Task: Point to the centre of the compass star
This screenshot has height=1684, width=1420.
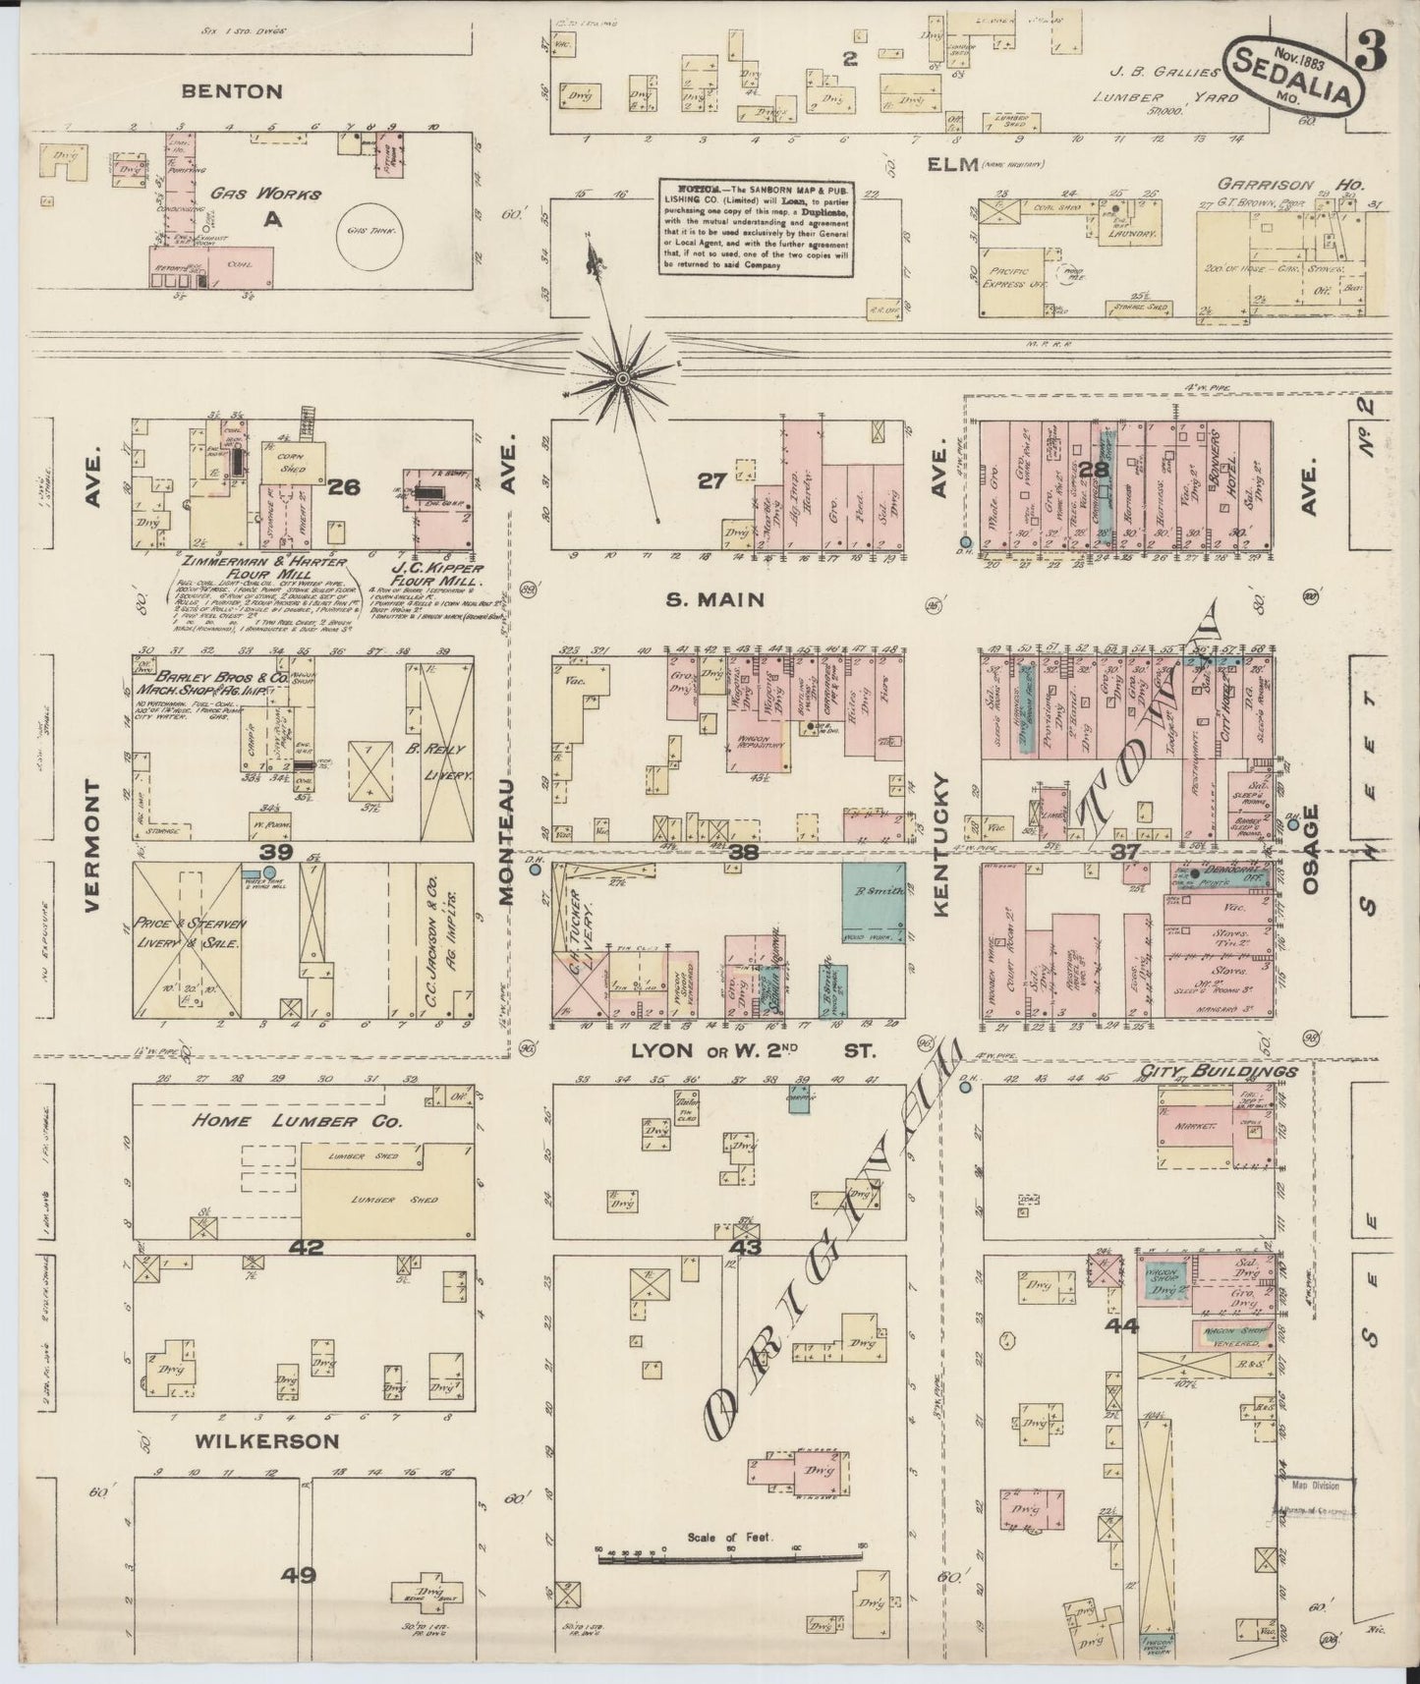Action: point(623,376)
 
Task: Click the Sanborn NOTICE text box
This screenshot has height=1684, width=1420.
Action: point(756,227)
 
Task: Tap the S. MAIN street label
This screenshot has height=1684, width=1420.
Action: point(716,600)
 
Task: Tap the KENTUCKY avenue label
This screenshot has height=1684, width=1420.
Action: point(941,845)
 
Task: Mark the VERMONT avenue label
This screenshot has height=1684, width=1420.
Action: point(93,847)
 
